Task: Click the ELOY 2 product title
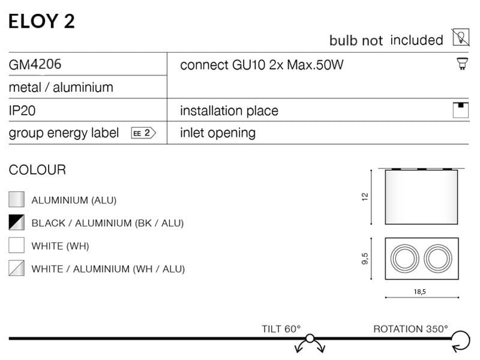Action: click(41, 21)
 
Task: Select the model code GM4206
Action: click(35, 64)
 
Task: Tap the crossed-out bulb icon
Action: click(461, 37)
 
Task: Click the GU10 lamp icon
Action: click(462, 64)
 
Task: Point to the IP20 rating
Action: click(22, 110)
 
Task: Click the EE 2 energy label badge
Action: click(143, 133)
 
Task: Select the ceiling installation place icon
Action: click(460, 110)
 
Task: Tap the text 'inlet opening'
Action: click(218, 133)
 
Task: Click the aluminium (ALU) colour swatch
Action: click(17, 200)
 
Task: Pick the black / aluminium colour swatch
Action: click(17, 222)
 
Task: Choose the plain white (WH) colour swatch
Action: click(17, 245)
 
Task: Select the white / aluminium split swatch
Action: click(17, 268)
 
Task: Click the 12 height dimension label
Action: click(365, 197)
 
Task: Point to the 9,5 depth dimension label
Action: click(365, 259)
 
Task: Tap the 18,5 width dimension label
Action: click(419, 292)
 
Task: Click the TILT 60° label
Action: click(281, 329)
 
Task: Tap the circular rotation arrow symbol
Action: click(469, 340)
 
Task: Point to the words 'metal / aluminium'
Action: click(61, 88)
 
